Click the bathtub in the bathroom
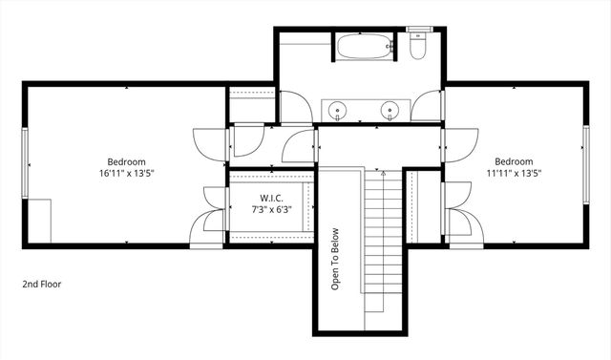[364, 45]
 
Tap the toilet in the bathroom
[417, 45]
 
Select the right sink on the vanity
[390, 109]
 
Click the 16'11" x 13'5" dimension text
[126, 174]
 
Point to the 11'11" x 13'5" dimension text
[514, 174]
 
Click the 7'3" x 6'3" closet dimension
[270, 208]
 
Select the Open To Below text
[335, 258]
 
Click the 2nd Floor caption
[42, 284]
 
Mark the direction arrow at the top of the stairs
[381, 174]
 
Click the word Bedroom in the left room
[125, 161]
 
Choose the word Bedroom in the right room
[514, 161]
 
